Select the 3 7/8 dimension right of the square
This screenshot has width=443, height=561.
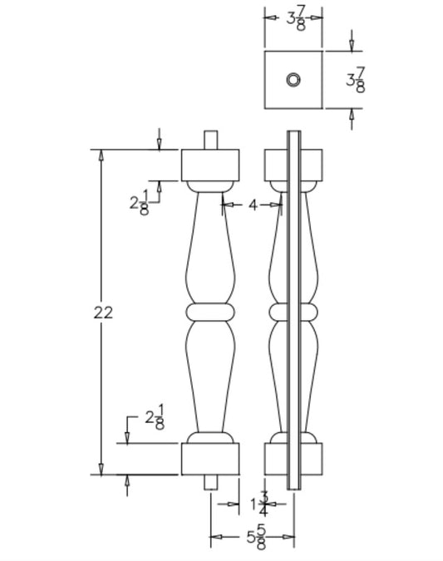(355, 80)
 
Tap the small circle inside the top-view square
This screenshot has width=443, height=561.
(293, 80)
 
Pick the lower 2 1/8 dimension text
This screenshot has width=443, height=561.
(154, 418)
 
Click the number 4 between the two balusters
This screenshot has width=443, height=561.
(253, 204)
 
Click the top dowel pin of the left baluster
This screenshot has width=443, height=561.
(210, 140)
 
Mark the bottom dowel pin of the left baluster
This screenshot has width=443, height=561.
(210, 480)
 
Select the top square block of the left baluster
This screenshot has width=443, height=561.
(210, 165)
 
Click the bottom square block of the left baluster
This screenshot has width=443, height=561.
(210, 458)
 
